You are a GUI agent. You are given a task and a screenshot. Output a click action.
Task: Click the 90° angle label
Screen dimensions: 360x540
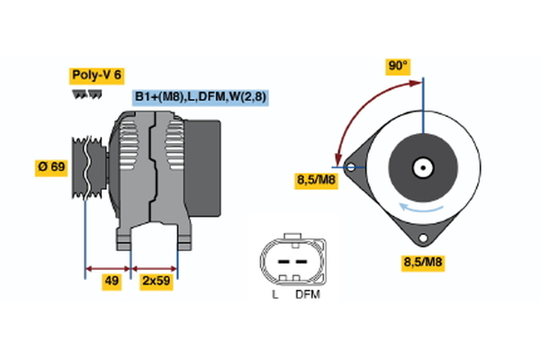point(397,66)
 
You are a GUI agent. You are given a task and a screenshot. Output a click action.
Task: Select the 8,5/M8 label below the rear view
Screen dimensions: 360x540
point(422,263)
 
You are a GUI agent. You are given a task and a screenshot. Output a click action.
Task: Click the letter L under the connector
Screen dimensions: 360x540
point(275,294)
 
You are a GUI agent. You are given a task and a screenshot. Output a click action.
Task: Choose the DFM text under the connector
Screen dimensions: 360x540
point(307,294)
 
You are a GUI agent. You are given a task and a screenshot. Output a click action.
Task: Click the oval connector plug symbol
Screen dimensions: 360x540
point(290,260)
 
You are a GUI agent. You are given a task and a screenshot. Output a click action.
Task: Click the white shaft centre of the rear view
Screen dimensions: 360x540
point(421,166)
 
